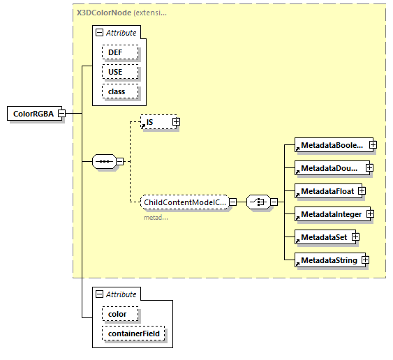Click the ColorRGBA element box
pyautogui.click(x=33, y=114)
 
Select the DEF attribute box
pyautogui.click(x=120, y=52)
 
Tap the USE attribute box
pyautogui.click(x=120, y=72)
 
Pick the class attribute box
pyautogui.click(x=120, y=91)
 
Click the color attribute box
pyautogui.click(x=117, y=314)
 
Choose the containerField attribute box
pyautogui.click(x=133, y=333)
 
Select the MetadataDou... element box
pyautogui.click(x=329, y=168)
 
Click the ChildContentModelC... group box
pyautogui.click(x=184, y=202)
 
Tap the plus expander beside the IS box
pyautogui.click(x=176, y=122)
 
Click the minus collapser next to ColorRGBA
pyautogui.click(x=62, y=114)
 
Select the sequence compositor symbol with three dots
pyautogui.click(x=104, y=162)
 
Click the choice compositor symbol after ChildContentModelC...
pyautogui.click(x=258, y=202)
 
